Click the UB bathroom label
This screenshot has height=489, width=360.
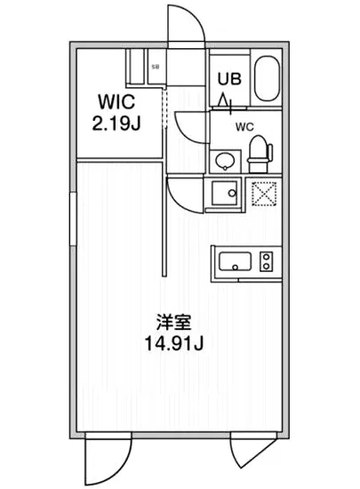pos(228,78)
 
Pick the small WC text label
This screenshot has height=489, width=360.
pos(243,126)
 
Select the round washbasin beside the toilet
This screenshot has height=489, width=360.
pos(224,161)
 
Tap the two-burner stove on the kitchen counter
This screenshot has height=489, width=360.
pos(265,261)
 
